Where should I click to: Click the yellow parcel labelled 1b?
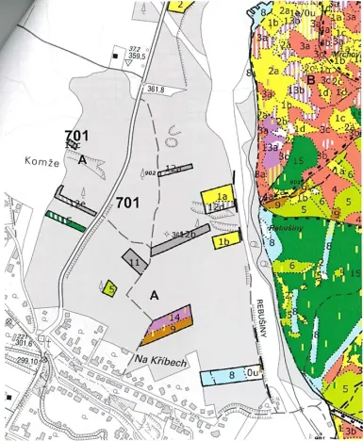point(225,240)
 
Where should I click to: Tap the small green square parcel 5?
point(111,289)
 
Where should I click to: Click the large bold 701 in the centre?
point(129,203)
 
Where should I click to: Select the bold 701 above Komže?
point(77,136)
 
